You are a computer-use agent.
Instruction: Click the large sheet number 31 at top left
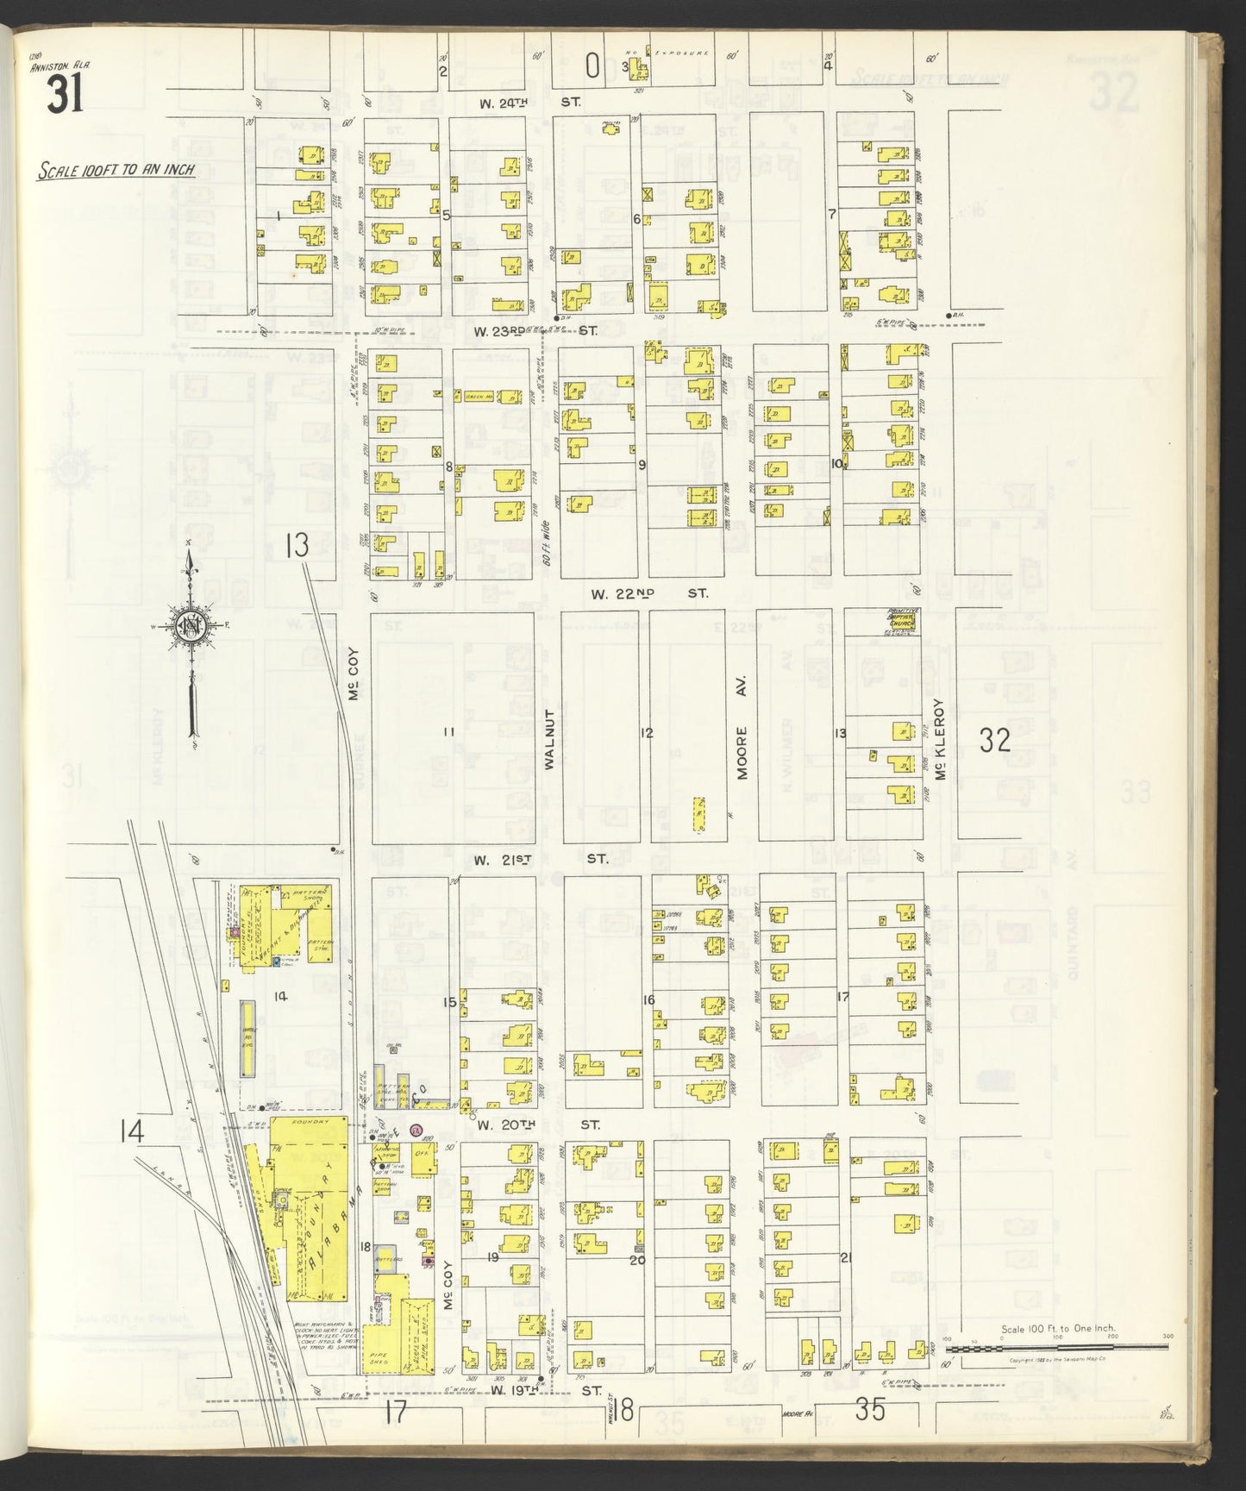click(65, 95)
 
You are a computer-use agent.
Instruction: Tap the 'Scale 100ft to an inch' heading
click(116, 170)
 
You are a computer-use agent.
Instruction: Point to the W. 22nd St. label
click(649, 593)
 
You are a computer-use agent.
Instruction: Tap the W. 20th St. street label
click(536, 1125)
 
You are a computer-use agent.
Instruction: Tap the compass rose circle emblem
click(189, 627)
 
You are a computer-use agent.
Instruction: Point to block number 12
click(646, 733)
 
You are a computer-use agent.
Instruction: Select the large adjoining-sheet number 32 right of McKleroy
click(994, 740)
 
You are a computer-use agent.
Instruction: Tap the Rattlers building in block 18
click(385, 1259)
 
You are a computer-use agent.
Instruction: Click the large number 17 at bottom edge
click(396, 1414)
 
